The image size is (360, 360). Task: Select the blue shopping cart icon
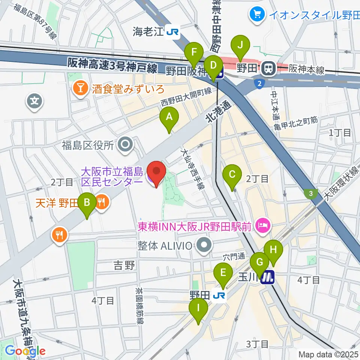[257, 15]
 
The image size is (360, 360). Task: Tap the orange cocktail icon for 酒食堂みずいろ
[80, 89]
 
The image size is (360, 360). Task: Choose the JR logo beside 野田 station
[219, 296]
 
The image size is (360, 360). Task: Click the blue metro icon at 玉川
[268, 277]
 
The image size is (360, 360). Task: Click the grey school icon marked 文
[34, 100]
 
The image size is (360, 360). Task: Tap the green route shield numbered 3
[311, 193]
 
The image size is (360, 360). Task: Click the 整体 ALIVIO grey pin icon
[204, 246]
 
